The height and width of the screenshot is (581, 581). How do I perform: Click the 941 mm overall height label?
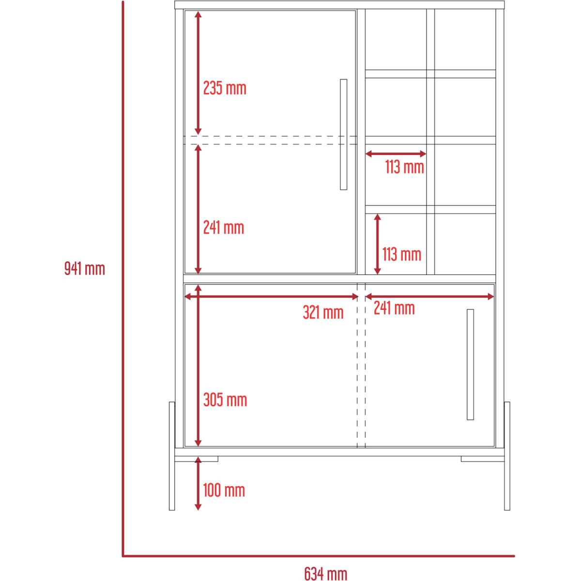85,268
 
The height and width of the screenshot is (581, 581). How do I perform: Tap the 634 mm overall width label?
326,573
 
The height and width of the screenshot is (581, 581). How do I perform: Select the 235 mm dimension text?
225,88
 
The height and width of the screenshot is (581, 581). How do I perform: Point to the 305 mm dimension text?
225,400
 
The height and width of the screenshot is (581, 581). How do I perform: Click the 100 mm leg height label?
224,490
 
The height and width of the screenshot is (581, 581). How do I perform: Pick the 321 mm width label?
323,312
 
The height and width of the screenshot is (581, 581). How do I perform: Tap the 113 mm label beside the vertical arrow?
402,254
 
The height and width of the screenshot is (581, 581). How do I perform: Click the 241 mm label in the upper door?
223,228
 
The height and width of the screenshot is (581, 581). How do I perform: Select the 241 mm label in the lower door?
395,308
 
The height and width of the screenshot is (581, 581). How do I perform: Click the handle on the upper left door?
343,135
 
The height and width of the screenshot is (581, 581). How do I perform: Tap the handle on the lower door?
470,365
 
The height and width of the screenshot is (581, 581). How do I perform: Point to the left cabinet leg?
172,456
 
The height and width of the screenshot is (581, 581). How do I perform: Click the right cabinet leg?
507,456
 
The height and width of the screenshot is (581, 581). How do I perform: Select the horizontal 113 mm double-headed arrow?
396,154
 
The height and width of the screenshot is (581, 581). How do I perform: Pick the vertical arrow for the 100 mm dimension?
198,483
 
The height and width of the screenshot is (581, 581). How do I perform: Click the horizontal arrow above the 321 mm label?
271,297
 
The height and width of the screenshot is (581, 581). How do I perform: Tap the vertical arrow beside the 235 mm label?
198,73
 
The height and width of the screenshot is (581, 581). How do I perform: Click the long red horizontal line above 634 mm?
319,556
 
